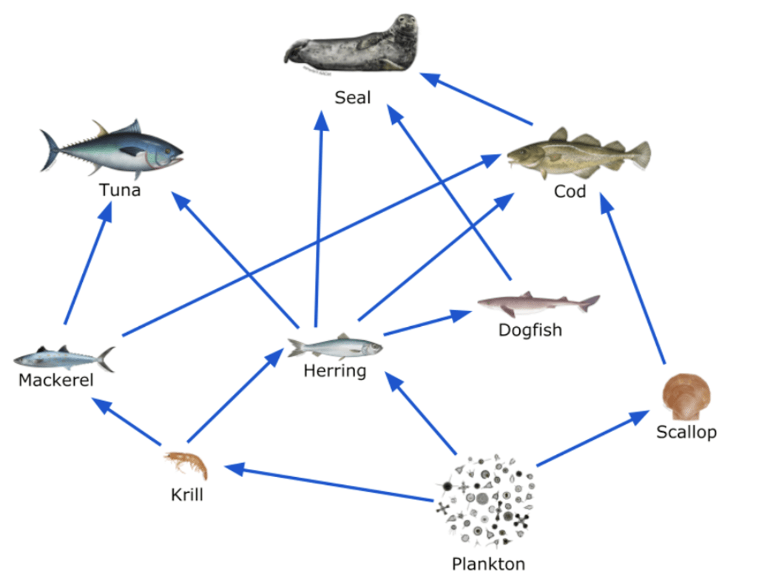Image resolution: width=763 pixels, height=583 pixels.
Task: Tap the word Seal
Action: coord(352,98)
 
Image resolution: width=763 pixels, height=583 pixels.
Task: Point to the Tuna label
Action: coord(120,190)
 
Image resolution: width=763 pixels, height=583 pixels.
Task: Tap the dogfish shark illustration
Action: coord(538,303)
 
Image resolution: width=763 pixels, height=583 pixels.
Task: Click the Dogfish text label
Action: coord(530,330)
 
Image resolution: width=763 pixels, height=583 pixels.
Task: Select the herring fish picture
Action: coord(334,347)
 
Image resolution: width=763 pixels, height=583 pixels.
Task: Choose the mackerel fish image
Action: coord(64,358)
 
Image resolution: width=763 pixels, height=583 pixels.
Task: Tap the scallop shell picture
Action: coord(686,398)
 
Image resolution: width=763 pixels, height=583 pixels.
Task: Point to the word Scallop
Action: coord(686,432)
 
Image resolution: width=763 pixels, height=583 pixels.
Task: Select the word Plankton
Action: coord(488,564)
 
